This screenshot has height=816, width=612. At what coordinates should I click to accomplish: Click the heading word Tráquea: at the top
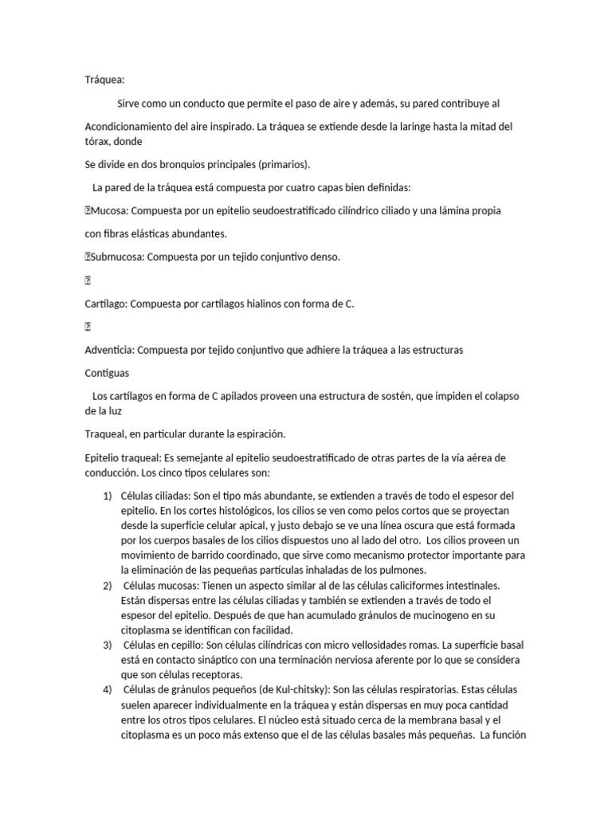pos(104,80)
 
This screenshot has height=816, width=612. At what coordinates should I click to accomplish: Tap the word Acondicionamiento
pos(133,127)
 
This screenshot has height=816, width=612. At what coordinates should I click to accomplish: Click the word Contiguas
pos(108,373)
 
